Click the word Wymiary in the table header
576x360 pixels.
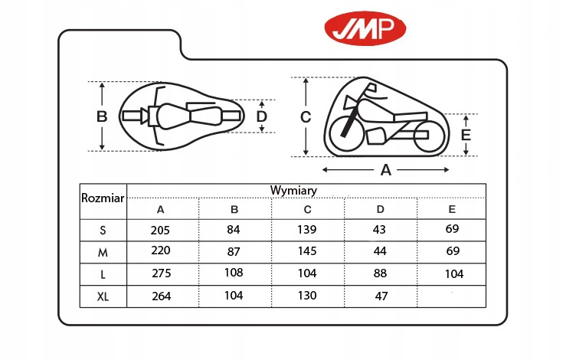293,190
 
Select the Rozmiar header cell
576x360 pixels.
103,198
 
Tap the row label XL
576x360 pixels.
103,296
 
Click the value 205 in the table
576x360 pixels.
160,230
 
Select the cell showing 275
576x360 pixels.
160,273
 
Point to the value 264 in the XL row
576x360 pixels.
160,296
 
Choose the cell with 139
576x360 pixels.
307,230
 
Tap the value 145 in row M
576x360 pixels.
307,251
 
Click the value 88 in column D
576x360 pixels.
381,273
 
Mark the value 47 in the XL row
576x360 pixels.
381,296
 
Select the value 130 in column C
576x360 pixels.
307,296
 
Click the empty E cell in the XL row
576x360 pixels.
452,296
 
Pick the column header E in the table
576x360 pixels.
452,209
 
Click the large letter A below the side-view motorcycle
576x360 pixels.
386,170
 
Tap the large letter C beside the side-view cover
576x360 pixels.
305,117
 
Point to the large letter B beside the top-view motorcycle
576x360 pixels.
102,117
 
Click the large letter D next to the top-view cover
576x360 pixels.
261,116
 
